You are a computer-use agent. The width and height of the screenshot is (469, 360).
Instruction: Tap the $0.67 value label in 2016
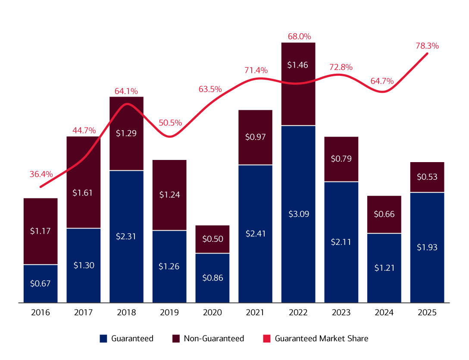click(40, 283)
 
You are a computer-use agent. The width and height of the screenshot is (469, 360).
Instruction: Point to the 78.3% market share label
click(428, 46)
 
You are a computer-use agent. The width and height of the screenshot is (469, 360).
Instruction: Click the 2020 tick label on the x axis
click(212, 313)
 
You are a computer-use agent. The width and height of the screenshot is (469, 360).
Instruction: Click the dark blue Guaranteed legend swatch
click(103, 338)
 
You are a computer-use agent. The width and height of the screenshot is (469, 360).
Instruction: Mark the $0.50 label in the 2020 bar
click(212, 239)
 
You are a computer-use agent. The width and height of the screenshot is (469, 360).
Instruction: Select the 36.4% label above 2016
click(41, 174)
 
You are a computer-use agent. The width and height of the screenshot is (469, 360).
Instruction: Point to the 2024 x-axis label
click(384, 313)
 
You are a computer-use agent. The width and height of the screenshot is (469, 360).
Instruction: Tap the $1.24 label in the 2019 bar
click(169, 194)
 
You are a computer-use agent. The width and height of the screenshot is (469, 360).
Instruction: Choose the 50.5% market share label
click(170, 123)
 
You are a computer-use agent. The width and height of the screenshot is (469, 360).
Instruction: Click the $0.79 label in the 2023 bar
click(341, 158)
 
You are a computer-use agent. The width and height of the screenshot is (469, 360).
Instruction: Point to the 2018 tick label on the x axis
click(126, 313)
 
